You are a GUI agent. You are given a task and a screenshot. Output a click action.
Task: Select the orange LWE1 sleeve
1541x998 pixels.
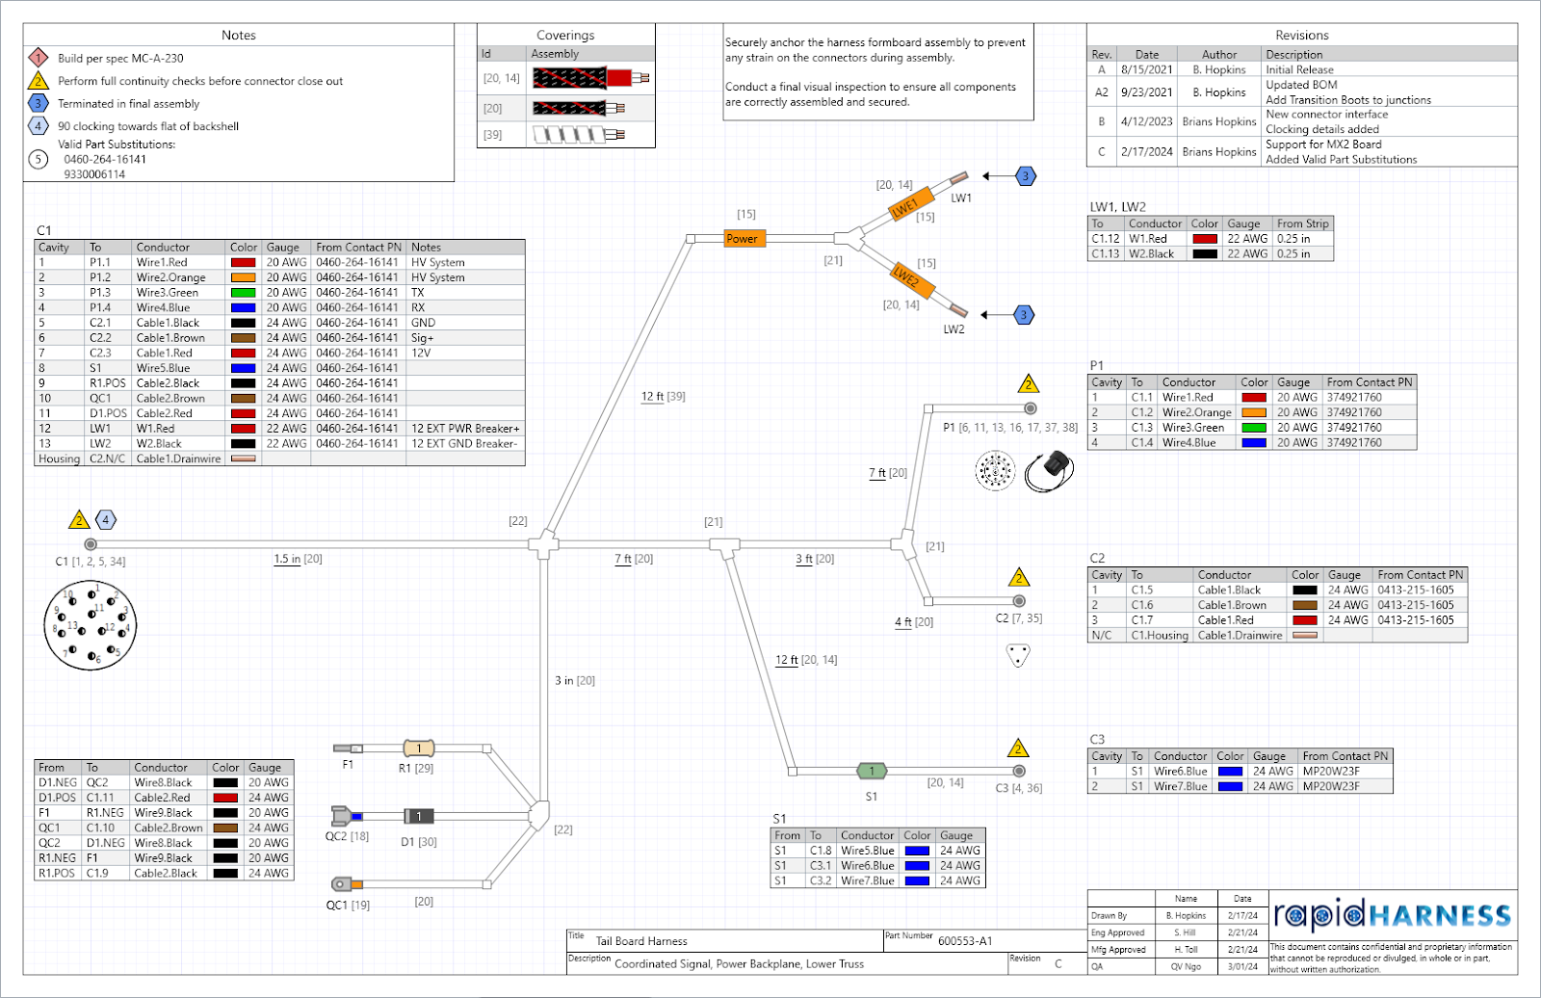(909, 204)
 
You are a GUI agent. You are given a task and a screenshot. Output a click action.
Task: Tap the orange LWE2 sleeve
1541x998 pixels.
(910, 279)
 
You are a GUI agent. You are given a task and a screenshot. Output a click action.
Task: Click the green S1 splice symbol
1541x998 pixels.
(872, 771)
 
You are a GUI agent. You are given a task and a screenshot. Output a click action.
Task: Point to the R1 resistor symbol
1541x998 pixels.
(418, 748)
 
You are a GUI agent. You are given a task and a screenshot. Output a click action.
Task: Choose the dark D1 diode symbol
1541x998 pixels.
(418, 816)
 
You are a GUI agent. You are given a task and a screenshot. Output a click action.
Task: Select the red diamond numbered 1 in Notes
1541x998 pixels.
(38, 58)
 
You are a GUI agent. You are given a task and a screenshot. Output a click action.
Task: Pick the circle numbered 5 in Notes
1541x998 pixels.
(38, 159)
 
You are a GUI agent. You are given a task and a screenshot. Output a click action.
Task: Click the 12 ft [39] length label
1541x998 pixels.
(664, 396)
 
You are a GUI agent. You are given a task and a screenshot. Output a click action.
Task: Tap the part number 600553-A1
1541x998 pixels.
(965, 941)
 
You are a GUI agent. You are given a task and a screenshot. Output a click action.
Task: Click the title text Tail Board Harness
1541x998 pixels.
(641, 941)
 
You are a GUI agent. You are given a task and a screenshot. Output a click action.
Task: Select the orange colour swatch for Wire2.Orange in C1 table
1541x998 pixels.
(243, 277)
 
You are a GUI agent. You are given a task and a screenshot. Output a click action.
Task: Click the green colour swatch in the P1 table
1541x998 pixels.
(1253, 428)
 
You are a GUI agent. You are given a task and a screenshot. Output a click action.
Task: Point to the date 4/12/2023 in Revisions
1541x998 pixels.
(1146, 121)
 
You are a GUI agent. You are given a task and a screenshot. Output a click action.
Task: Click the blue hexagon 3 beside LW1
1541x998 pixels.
(1026, 176)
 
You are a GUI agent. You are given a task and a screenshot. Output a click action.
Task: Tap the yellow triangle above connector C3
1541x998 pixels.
(1018, 748)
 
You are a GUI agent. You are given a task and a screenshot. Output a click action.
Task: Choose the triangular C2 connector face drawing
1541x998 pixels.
(1018, 655)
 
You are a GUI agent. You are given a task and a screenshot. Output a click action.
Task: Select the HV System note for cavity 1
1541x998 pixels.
(438, 262)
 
